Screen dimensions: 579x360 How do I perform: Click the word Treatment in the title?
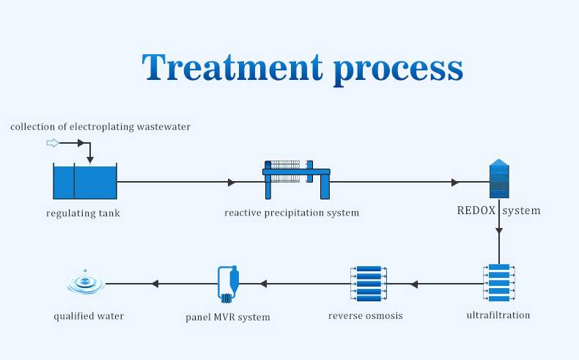(232, 67)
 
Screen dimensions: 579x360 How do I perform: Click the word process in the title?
(398, 70)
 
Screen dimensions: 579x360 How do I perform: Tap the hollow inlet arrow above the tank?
(53, 143)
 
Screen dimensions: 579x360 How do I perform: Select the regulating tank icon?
(85, 181)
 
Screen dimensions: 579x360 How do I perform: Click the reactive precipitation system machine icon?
(296, 180)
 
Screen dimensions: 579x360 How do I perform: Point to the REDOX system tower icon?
(499, 179)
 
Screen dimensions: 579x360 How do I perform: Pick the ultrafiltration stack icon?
(499, 282)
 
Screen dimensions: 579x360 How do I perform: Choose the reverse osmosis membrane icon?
(369, 283)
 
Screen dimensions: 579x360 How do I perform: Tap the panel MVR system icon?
(228, 284)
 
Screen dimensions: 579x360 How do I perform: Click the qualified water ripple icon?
(86, 282)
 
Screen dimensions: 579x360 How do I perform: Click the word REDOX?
(476, 210)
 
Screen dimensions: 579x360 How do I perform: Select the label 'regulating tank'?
(83, 213)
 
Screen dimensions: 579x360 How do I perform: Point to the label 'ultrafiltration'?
(498, 315)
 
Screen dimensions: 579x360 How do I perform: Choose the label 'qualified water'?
(89, 317)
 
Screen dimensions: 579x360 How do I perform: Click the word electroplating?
(102, 127)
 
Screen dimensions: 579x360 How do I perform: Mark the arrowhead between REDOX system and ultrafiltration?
(499, 231)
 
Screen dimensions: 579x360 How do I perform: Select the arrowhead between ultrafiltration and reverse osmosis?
(414, 284)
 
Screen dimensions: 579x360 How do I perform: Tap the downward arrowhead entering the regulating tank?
(90, 160)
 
